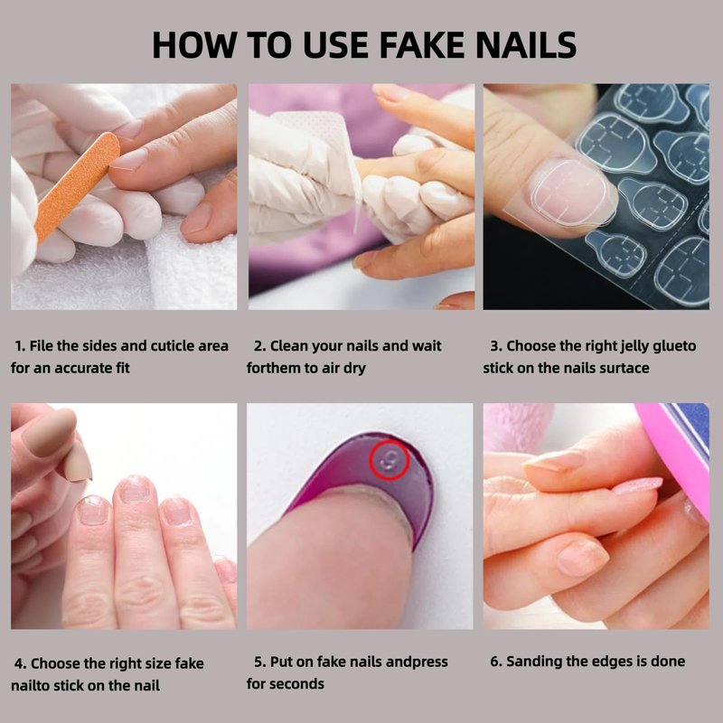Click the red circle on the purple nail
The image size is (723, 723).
(x=390, y=460)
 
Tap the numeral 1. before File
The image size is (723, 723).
(x=20, y=346)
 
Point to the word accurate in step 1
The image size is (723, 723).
(x=75, y=369)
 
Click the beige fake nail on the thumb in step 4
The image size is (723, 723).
(x=50, y=431)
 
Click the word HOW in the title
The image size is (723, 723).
(x=193, y=45)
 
